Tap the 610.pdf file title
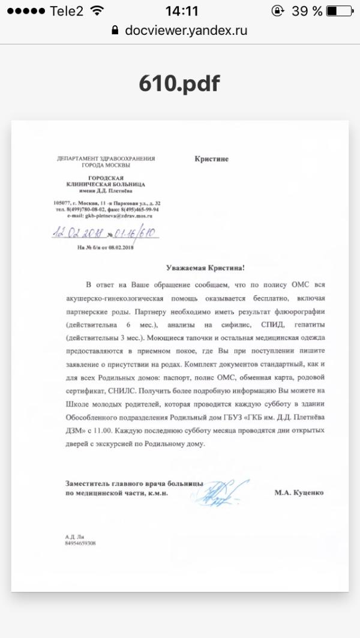click(179, 84)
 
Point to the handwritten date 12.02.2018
click(78, 232)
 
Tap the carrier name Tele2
click(67, 11)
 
